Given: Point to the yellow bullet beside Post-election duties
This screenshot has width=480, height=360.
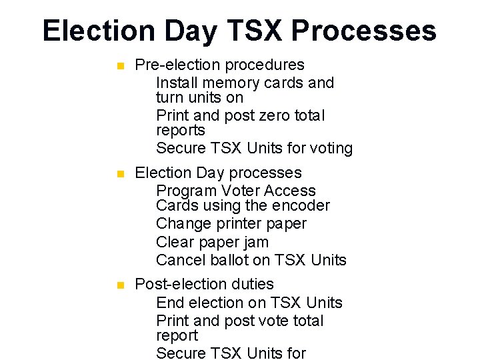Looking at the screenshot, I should pos(120,285).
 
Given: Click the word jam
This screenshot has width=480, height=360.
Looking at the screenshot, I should pos(255,243).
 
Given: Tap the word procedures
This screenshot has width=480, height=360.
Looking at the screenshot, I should pos(265,65).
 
